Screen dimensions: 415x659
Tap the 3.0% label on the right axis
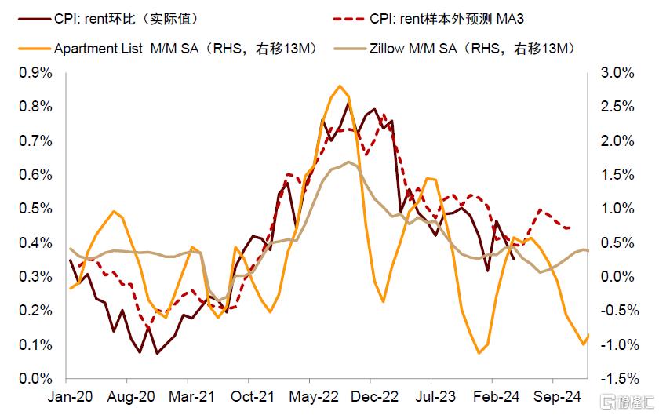(609, 72)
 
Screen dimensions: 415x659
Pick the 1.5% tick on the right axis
(609, 174)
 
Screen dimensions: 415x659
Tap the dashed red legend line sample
(345, 17)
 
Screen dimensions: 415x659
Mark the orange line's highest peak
(339, 86)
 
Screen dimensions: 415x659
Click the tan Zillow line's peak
(348, 162)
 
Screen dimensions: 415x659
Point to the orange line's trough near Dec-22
(383, 301)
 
